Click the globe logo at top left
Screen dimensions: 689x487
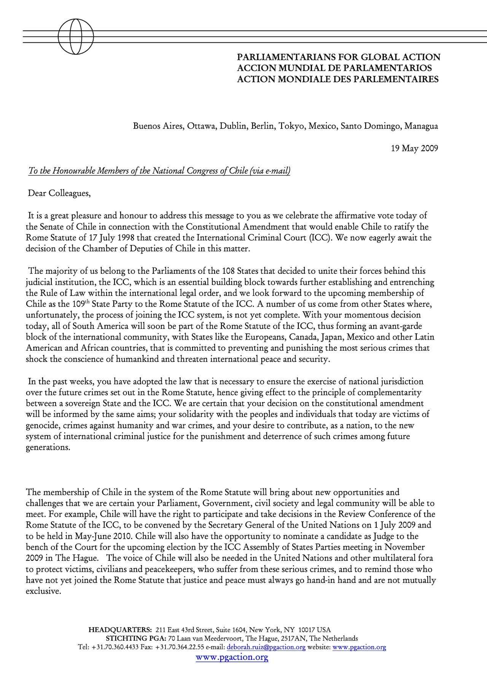75,37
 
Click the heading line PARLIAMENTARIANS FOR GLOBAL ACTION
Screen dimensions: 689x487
338,57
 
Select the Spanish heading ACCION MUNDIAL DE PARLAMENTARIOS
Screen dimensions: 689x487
334,69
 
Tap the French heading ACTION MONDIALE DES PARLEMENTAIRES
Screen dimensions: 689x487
337,79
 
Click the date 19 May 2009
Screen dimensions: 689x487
414,148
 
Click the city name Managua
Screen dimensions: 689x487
421,126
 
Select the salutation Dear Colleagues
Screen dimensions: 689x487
59,193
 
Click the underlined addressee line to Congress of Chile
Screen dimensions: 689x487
159,171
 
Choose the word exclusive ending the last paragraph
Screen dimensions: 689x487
43,592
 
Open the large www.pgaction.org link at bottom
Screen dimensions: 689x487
232,658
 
